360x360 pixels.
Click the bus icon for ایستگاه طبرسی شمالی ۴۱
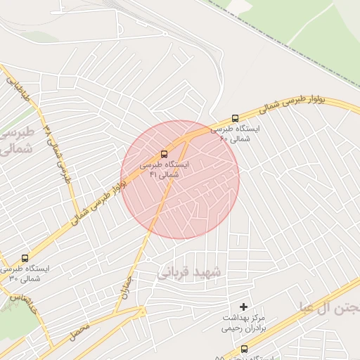coord(164,153)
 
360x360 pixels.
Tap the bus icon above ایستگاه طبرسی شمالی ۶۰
coord(234,119)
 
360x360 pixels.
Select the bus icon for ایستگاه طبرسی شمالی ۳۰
coord(25,258)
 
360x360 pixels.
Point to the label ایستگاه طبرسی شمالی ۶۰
coord(235,134)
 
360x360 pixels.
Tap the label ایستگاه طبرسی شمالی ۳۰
coord(26,273)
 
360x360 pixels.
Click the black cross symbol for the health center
coord(244,306)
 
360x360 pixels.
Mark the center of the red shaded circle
coord(180,179)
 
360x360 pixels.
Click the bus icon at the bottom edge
coord(244,349)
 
